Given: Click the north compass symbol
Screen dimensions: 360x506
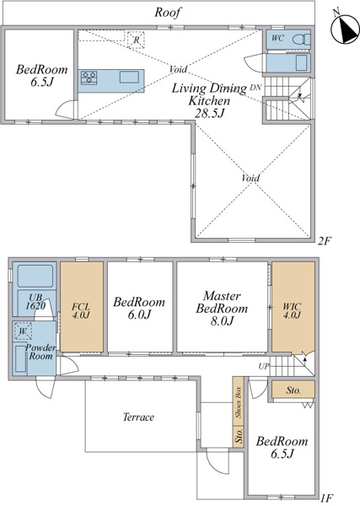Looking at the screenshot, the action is (x=345, y=29).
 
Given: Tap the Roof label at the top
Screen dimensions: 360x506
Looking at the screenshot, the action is (x=168, y=13).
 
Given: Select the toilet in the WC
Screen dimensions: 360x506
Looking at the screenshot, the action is (x=301, y=39).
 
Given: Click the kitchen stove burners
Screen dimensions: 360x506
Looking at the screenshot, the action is (x=89, y=78).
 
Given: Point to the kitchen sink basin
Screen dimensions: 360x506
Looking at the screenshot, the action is (x=129, y=77).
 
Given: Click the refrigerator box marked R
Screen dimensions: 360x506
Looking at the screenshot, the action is (x=136, y=40).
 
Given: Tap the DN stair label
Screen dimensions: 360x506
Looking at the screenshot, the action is (x=255, y=88).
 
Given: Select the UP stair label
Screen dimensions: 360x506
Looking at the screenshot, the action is (x=264, y=366).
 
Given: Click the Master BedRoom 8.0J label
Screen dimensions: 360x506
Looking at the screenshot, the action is (x=222, y=308).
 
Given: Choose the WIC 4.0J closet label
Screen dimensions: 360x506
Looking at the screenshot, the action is (x=293, y=310).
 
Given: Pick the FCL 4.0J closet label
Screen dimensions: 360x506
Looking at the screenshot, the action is (x=81, y=310).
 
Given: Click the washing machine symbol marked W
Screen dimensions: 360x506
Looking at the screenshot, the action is (x=23, y=331).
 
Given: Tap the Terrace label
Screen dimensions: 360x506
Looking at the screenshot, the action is (x=138, y=417).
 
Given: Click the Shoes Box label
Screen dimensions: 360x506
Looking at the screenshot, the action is (x=239, y=401).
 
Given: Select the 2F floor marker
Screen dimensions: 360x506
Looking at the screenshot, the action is (x=325, y=240).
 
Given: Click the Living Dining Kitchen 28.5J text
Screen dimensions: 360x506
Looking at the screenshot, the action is (x=209, y=100).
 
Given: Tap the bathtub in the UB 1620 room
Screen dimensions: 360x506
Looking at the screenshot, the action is (x=35, y=276).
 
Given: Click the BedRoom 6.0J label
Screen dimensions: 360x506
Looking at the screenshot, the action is (x=139, y=308).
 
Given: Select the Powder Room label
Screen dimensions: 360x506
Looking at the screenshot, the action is (x=40, y=352).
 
